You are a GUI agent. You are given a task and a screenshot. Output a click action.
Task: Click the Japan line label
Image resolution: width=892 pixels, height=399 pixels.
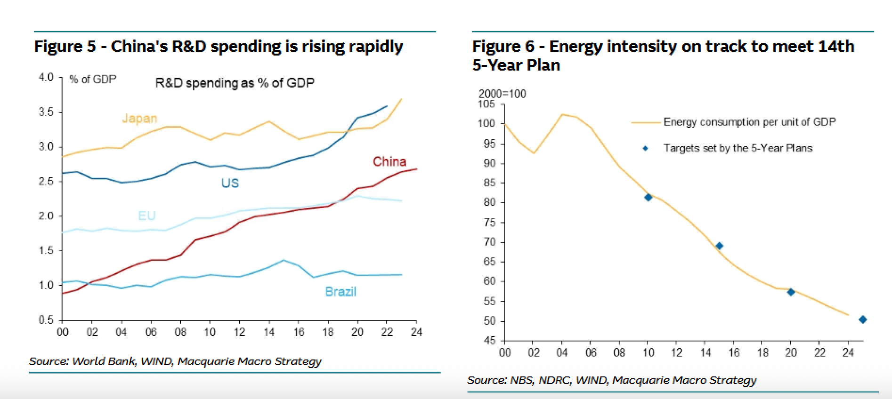(139, 119)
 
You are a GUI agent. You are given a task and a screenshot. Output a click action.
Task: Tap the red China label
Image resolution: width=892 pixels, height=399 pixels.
(389, 162)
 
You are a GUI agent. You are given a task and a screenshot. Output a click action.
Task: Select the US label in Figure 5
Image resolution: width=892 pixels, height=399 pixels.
(230, 183)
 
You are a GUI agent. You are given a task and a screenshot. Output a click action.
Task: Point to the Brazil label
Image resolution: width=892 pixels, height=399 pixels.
(341, 292)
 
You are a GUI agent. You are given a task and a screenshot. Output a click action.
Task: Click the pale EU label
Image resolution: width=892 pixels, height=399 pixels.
(147, 216)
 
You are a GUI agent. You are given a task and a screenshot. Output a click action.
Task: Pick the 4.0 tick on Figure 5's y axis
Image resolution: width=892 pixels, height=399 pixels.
(46, 77)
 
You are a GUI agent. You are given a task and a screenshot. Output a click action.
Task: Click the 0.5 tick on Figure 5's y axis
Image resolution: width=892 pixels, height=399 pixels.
(46, 320)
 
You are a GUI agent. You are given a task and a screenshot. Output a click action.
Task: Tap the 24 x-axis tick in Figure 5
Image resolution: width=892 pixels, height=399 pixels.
(416, 333)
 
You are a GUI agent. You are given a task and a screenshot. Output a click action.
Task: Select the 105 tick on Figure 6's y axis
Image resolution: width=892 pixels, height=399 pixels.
(487, 104)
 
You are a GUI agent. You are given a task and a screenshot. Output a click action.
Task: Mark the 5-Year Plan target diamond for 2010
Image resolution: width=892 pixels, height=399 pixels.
(648, 197)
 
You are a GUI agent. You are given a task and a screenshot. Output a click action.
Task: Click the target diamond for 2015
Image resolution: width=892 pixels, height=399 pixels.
(719, 246)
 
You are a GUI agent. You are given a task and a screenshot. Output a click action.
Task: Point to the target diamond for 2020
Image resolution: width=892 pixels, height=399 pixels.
(791, 292)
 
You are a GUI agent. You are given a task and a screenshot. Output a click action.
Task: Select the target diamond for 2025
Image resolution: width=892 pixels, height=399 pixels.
(863, 319)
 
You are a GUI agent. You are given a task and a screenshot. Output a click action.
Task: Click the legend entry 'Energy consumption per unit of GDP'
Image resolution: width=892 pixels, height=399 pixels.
(749, 122)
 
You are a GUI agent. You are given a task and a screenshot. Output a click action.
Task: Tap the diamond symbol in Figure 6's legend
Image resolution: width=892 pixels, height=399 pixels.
(646, 148)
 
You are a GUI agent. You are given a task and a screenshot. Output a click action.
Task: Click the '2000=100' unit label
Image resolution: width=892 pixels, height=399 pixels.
(503, 94)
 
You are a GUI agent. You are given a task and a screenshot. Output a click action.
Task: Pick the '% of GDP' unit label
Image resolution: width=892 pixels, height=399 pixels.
(93, 79)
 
